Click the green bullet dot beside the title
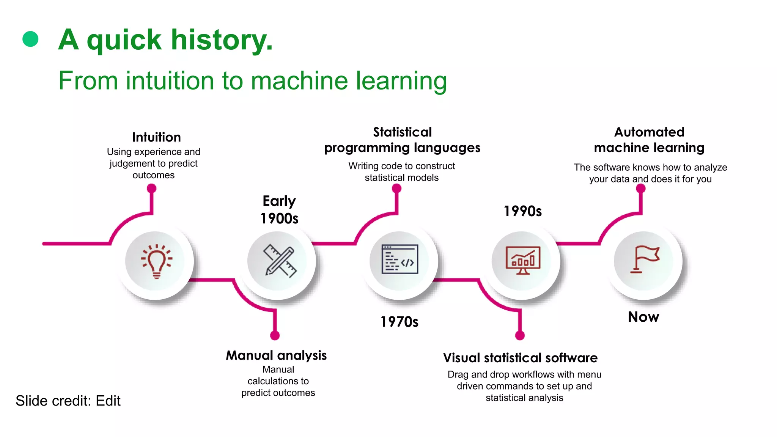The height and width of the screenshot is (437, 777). [x=30, y=39]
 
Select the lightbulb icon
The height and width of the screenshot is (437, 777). [x=156, y=261]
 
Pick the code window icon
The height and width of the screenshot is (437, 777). [x=400, y=259]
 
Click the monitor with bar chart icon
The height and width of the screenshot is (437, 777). [x=523, y=260]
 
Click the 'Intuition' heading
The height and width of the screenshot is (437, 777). [x=156, y=137]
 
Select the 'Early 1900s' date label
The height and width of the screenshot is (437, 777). [x=280, y=209]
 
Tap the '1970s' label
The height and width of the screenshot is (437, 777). [x=400, y=322]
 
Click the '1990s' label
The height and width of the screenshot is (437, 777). [x=523, y=211]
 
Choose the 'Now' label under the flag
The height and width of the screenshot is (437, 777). [x=643, y=317]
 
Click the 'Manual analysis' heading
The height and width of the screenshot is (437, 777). [x=276, y=355]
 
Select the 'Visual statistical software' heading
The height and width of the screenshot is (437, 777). [x=520, y=358]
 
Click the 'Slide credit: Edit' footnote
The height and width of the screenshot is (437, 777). [x=68, y=401]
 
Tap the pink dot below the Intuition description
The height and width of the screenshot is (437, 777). [x=152, y=188]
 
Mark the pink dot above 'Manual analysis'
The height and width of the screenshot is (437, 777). [x=275, y=335]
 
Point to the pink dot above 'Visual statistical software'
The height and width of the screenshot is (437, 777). [x=520, y=335]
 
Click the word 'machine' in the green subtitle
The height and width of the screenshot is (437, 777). [x=299, y=81]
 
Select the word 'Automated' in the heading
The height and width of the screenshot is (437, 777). [x=649, y=132]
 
